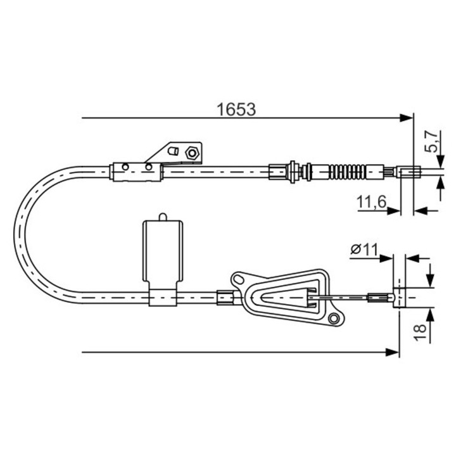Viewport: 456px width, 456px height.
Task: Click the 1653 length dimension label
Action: (236, 110)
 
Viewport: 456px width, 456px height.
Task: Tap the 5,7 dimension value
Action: (431, 142)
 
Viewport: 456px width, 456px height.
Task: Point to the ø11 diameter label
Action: (364, 250)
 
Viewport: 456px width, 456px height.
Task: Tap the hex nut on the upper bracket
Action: (192, 153)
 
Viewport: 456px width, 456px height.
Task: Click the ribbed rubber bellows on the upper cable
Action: (347, 172)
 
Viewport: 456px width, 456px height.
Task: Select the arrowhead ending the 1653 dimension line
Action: (406, 118)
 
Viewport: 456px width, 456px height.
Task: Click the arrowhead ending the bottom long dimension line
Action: (392, 352)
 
